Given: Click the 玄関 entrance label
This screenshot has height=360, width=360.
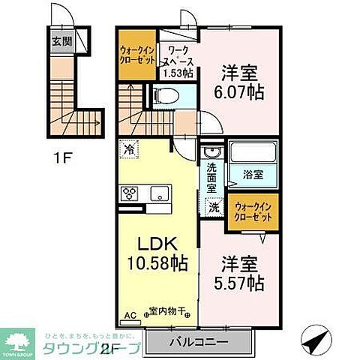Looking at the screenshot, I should (61, 42).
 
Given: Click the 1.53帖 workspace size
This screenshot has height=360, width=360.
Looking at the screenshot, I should (178, 73).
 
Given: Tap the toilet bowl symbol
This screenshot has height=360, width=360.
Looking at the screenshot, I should (166, 96).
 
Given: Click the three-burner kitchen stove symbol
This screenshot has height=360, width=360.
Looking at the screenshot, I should (128, 193).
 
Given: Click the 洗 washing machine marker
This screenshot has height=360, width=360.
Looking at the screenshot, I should (214, 208).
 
